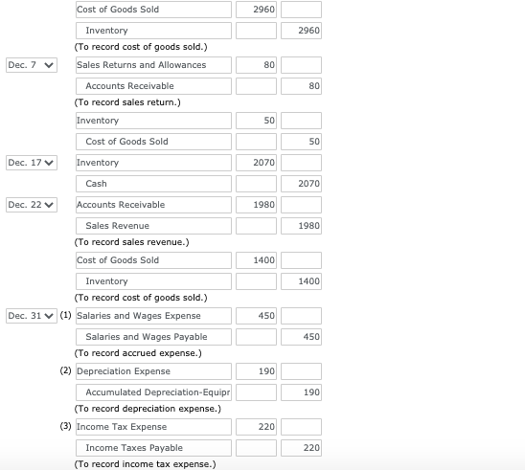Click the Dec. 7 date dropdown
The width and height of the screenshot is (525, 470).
[x=31, y=65]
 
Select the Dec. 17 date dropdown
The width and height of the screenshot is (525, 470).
[x=31, y=163]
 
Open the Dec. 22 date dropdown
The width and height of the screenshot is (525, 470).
[x=31, y=205]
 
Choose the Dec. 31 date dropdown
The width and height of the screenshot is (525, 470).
[x=31, y=316]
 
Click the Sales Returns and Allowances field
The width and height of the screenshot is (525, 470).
[x=153, y=65]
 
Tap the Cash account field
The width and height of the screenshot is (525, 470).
[x=153, y=184]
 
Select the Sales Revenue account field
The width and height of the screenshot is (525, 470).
[x=153, y=226]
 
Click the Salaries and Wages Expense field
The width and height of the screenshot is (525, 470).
[x=153, y=316]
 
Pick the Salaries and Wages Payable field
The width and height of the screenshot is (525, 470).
[x=153, y=337]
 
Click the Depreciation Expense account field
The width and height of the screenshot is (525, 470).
[x=153, y=371]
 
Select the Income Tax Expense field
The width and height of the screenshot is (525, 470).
[x=153, y=427]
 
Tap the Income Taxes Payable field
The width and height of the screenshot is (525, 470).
[x=153, y=448]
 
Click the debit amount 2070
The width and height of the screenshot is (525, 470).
[x=257, y=163]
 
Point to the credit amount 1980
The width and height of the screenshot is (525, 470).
[x=301, y=226]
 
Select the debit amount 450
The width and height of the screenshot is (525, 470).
[x=257, y=316]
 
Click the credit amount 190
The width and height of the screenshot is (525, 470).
[x=301, y=392]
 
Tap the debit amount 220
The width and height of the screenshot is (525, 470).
[x=257, y=427]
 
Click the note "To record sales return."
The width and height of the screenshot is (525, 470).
[x=126, y=102]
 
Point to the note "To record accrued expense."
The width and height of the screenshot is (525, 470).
[x=137, y=353]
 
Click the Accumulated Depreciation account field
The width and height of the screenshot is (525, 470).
[x=153, y=392]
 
